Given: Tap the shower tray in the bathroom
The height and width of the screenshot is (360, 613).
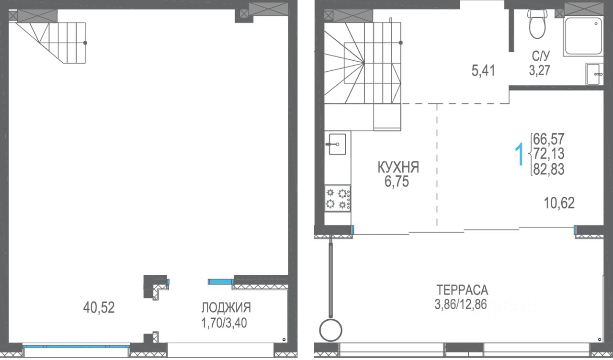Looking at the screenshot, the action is coord(583,36).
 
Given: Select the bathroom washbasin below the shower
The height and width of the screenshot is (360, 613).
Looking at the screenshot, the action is coord(594,74).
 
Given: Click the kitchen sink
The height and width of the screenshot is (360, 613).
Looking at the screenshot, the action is coord(337,144).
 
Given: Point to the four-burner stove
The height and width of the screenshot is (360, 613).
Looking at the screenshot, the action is coord(338,199).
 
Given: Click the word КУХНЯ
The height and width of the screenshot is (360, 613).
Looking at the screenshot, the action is coord(398,168).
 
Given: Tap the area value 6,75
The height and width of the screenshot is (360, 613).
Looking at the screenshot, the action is coord(397,181).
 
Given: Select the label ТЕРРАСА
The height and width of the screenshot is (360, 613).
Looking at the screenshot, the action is coord(462,290).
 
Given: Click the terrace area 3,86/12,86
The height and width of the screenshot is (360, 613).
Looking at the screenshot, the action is coord(461,304).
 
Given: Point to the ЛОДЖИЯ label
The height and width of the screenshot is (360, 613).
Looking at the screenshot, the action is coord(226,308).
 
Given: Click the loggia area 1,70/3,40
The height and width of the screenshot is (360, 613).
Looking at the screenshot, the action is coord(224,323).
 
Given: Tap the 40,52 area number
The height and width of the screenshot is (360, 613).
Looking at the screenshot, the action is coord(99,307).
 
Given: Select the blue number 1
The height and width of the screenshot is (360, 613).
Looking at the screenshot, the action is coord(519,154).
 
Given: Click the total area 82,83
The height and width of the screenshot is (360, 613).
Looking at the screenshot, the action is coord(549,169).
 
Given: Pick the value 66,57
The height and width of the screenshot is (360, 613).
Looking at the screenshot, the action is coord(549,139).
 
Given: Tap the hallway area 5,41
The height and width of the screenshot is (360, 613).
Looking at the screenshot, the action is coord(483,70).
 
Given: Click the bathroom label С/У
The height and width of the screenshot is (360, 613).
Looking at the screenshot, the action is coord(541,56).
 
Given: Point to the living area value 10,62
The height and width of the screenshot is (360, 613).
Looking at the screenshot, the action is coord(559,203).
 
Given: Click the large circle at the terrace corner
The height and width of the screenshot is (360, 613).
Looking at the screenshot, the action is coord(330,330).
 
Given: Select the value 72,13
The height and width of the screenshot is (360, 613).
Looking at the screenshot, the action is coord(549,154).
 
